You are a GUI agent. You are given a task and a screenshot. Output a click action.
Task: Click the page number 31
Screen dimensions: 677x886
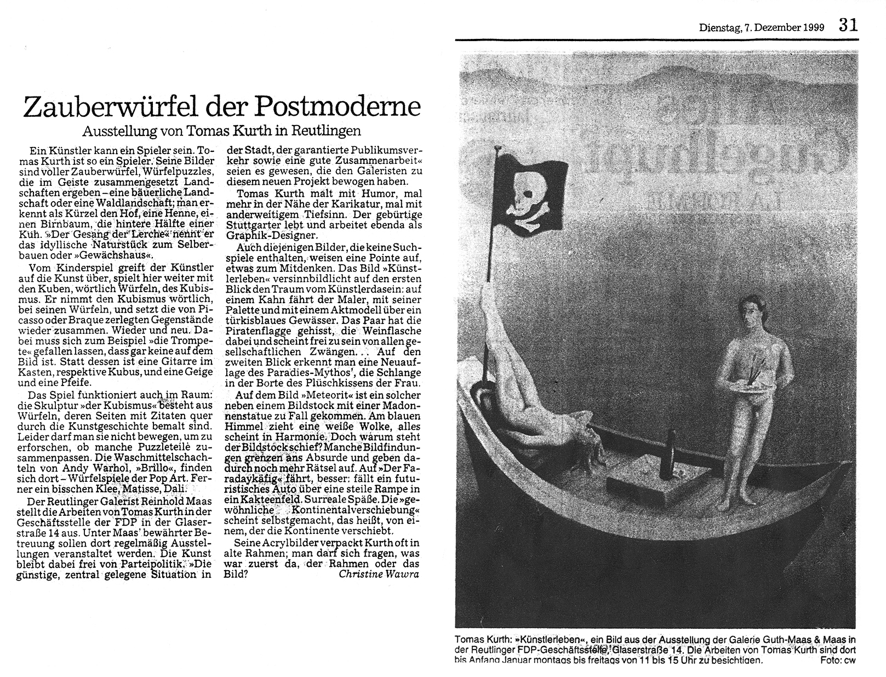847,25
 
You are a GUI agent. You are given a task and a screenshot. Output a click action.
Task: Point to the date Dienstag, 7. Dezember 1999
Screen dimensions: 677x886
761,27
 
